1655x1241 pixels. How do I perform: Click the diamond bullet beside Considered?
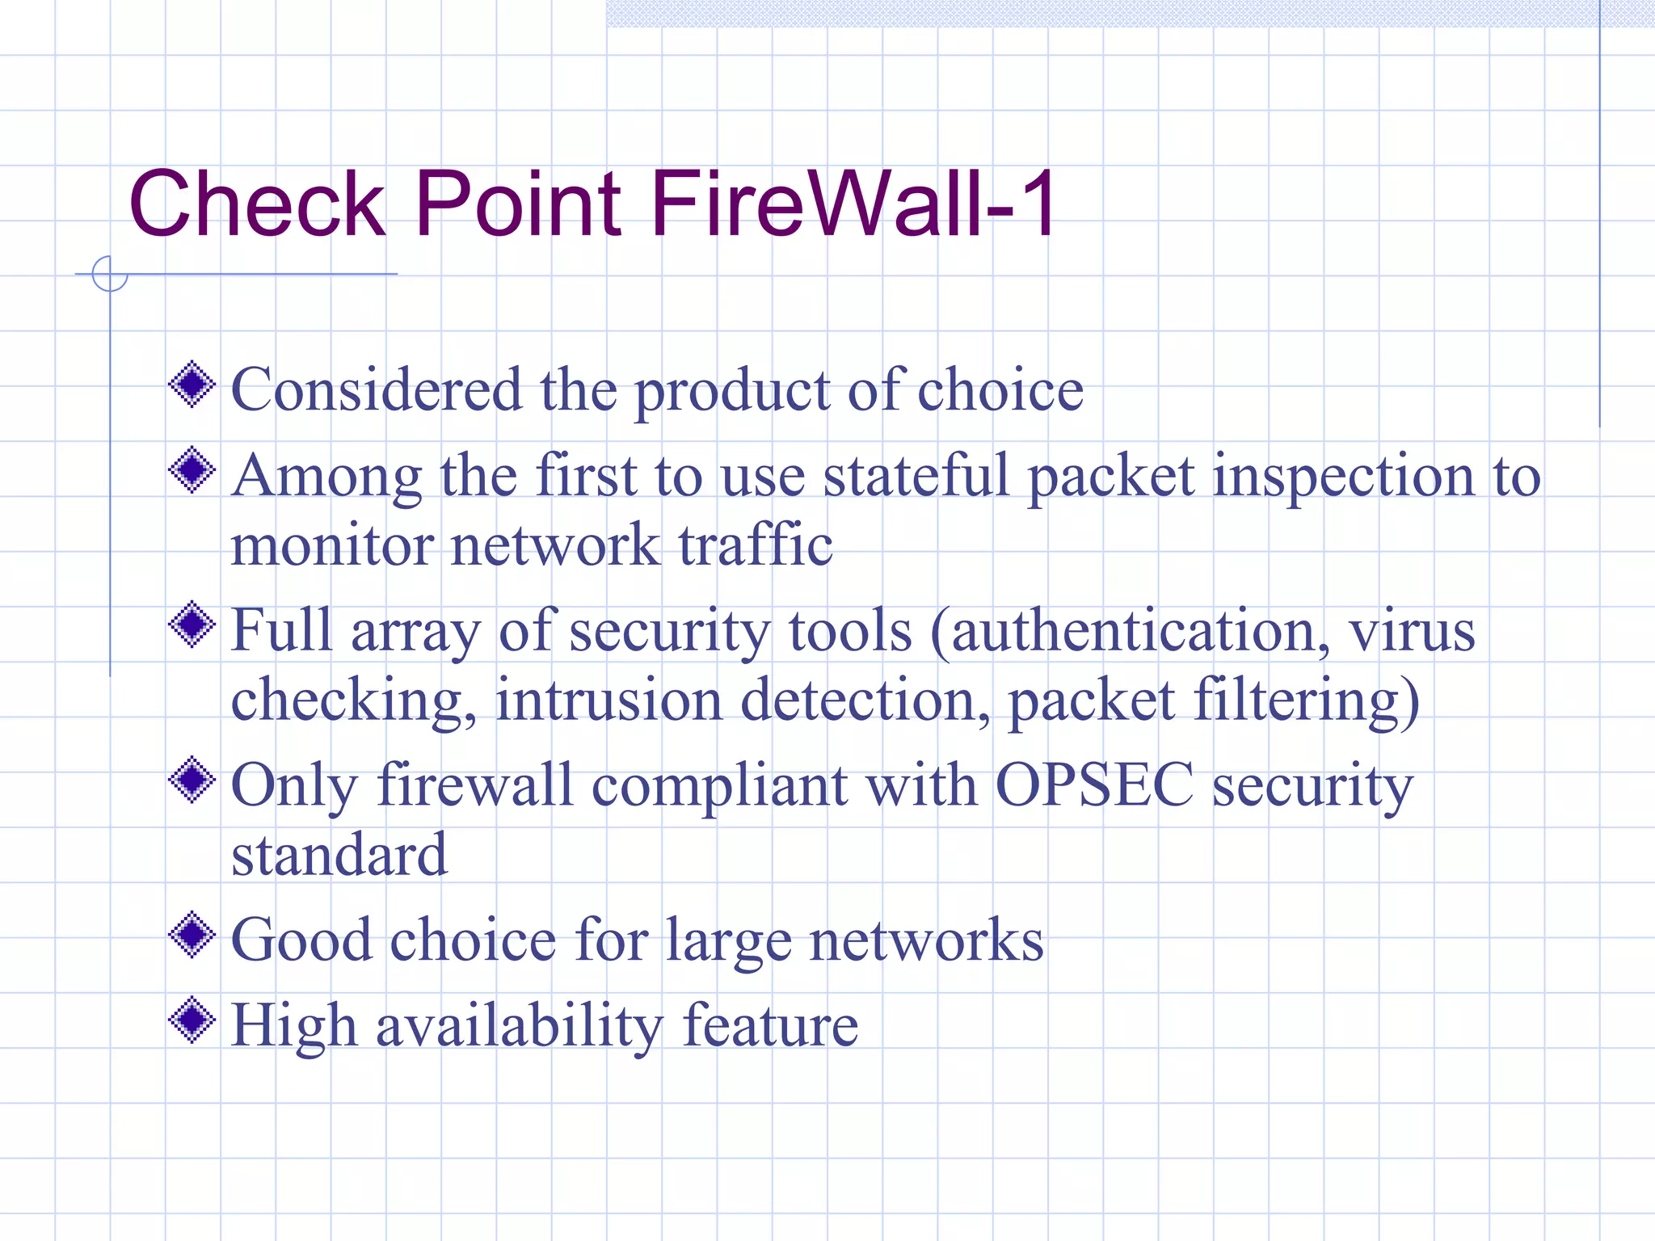pyautogui.click(x=192, y=385)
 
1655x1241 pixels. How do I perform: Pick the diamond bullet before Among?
pyautogui.click(x=192, y=469)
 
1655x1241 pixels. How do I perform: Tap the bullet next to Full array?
pyautogui.click(x=192, y=624)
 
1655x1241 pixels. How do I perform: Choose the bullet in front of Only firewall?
pyautogui.click(x=192, y=780)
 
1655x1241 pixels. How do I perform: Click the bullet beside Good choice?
pyautogui.click(x=192, y=935)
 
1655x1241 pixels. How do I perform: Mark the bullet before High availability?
pyautogui.click(x=192, y=1020)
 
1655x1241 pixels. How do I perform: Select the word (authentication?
pyautogui.click(x=1131, y=630)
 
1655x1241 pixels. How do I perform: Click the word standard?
pyautogui.click(x=339, y=855)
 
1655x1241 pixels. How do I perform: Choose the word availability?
pyautogui.click(x=520, y=1026)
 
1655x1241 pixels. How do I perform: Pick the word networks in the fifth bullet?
pyautogui.click(x=926, y=940)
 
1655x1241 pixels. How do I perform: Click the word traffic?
pyautogui.click(x=756, y=545)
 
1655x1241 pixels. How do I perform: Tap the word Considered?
pyautogui.click(x=377, y=389)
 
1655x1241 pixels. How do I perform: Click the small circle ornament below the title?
pyautogui.click(x=110, y=274)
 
